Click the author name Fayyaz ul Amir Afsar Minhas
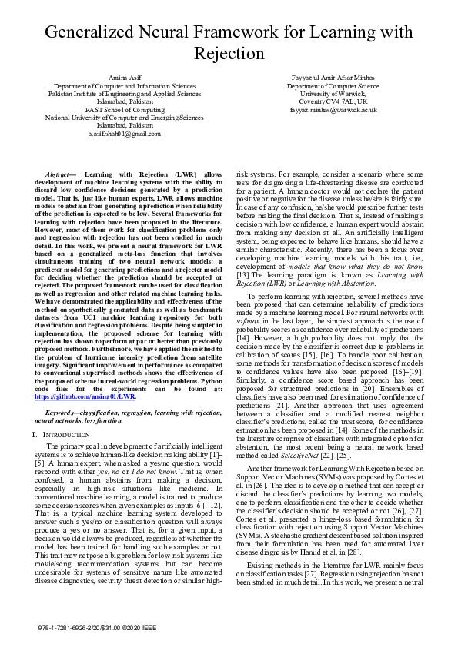tap(333, 78)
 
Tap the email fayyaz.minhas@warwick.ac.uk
tap(333, 110)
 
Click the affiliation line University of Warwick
tap(333, 94)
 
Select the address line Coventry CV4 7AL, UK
tap(333, 101)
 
